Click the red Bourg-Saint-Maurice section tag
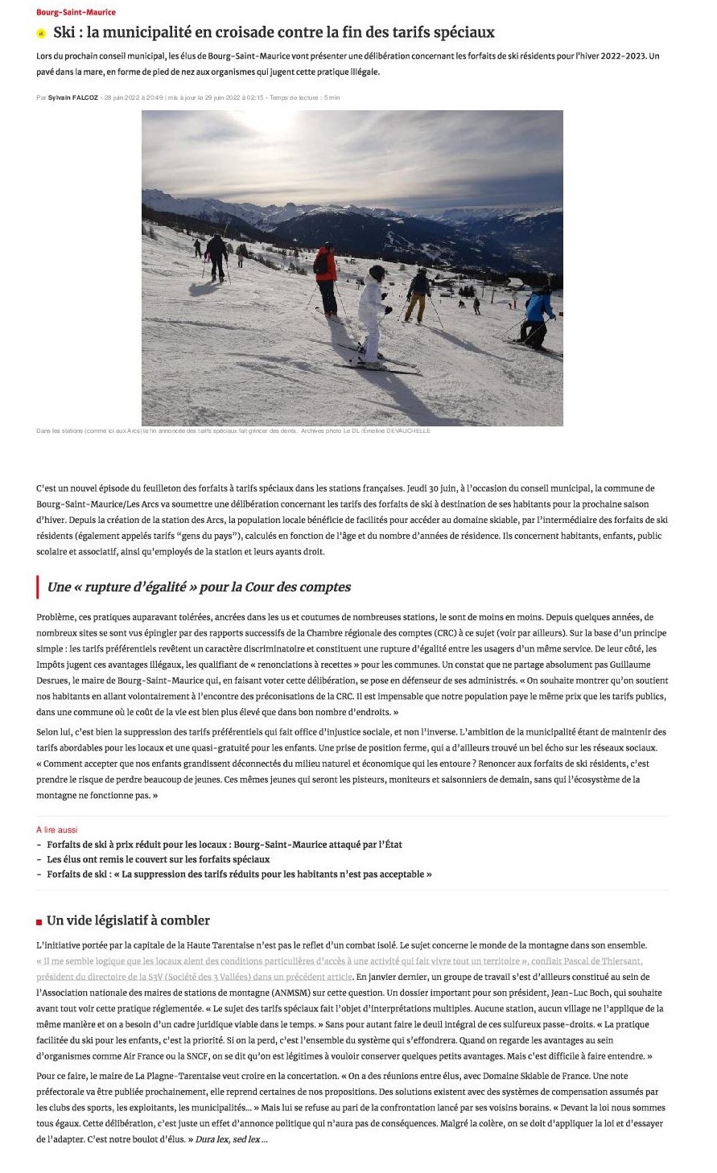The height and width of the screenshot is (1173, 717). [x=76, y=12]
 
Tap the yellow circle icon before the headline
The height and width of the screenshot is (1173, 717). [x=40, y=33]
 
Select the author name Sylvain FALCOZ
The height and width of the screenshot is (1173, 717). [x=72, y=97]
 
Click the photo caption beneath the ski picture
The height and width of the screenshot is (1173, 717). [x=233, y=431]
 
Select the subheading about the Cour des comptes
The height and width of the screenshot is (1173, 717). [x=199, y=587]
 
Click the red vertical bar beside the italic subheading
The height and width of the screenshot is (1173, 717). [x=38, y=587]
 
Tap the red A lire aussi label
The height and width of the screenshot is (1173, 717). [x=56, y=829]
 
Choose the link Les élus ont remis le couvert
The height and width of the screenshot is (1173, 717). [x=158, y=859]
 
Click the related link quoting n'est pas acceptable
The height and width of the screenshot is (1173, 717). [x=239, y=875]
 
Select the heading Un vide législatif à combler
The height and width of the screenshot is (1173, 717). [x=128, y=920]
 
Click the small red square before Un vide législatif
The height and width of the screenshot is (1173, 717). [x=39, y=922]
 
